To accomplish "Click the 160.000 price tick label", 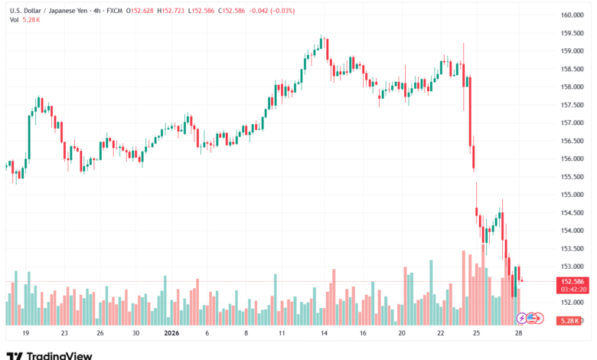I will click(572, 15).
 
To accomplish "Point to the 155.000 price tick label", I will click(572, 195).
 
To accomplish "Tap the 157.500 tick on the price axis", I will click(572, 105).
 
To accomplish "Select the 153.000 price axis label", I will click(572, 267).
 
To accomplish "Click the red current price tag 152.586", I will click(572, 282).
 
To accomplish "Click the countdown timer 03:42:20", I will click(572, 290).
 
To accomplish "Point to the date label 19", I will click(26, 334).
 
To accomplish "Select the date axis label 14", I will click(325, 334).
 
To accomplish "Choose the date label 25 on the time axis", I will click(476, 334).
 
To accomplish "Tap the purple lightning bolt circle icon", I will click(522, 318).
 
